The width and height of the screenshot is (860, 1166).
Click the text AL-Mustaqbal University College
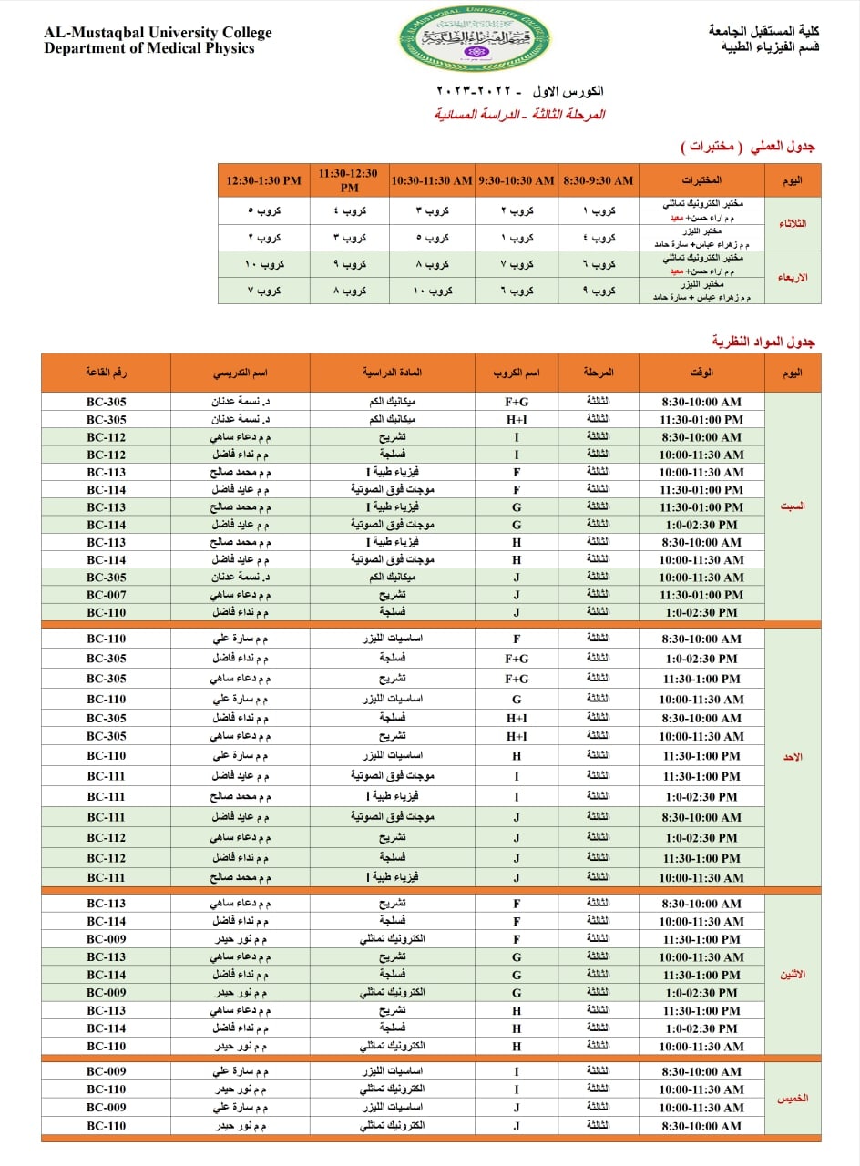pos(158,33)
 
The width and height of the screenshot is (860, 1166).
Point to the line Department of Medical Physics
pos(149,48)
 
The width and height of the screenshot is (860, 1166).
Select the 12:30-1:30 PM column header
pos(263,180)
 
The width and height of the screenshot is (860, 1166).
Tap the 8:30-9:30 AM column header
pos(599,180)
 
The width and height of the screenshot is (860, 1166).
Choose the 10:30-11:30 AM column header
pos(432,180)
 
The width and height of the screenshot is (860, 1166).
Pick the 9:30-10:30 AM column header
pos(516,180)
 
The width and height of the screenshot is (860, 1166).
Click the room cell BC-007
pos(106,595)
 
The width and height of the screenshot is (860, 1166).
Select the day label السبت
pos(793,506)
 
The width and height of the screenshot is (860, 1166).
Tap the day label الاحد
pos(793,757)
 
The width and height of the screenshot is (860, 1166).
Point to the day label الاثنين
pos(793,975)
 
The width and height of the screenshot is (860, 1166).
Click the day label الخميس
pos(793,1099)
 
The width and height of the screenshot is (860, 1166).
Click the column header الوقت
pos(701,373)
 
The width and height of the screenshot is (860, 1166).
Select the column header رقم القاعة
pos(106,373)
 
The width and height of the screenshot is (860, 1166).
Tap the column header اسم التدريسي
pos(240,373)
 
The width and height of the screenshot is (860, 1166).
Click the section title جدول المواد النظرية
pos(763,342)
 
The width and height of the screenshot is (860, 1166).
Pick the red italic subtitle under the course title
pos(519,115)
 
